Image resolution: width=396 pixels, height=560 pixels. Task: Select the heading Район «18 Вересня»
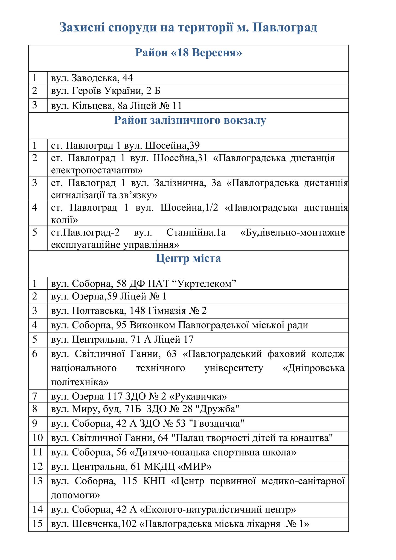188,53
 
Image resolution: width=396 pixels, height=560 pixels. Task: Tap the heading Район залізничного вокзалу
190,120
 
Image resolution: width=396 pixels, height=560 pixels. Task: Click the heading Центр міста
188,258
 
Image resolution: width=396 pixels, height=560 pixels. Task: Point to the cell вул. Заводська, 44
92,78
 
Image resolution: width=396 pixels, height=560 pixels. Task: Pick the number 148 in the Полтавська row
137,311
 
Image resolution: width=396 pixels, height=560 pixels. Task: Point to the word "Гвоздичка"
218,424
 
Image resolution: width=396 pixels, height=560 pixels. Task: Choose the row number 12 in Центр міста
38,466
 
